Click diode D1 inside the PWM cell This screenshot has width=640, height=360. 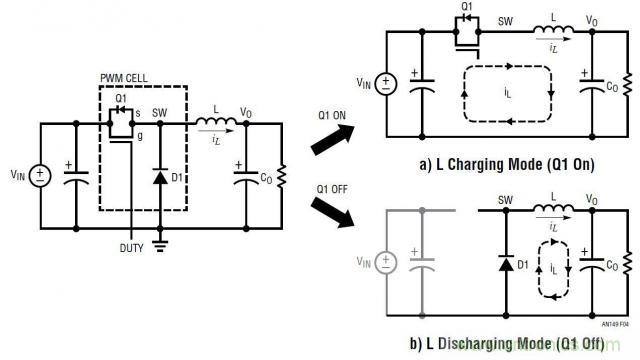coord(160,176)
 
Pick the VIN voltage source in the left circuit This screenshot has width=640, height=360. coord(41,175)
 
